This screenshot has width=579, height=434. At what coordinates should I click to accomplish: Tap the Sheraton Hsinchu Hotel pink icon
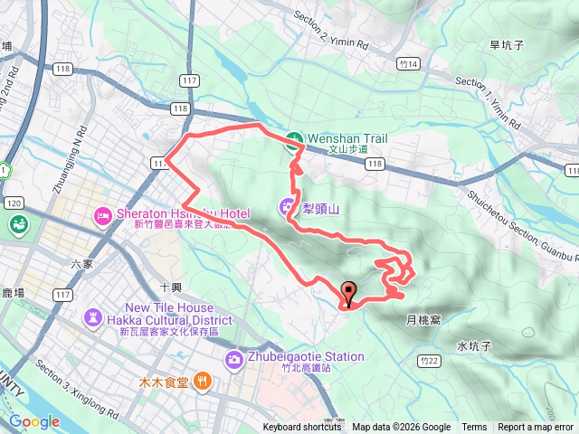[x=100, y=215]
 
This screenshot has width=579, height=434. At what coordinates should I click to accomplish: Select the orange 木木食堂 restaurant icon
[x=203, y=382]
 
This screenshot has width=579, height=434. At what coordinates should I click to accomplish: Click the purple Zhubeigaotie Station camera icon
[x=234, y=359]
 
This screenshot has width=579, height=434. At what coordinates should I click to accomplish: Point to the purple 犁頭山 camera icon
[x=288, y=206]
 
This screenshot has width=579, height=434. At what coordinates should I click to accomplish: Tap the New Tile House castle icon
[x=94, y=317]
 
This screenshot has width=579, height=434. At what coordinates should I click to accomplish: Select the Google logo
[x=34, y=421]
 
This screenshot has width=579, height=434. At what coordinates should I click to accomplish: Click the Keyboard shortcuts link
[x=302, y=428]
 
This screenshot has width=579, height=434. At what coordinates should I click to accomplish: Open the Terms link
[x=474, y=428]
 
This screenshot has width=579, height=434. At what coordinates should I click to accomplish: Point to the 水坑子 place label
[x=473, y=345]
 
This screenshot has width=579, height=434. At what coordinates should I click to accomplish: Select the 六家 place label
[x=81, y=263]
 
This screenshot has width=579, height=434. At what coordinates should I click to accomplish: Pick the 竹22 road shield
[x=430, y=361]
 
